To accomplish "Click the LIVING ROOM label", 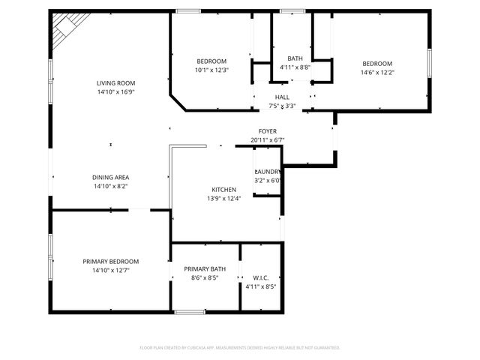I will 115,82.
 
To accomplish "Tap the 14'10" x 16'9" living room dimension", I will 115,92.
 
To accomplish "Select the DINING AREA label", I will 111,177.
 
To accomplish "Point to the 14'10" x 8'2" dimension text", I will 111,187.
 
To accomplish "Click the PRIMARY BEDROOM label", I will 111,261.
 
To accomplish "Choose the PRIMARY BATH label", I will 205,268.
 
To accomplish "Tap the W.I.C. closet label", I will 261,277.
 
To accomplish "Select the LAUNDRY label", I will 268,172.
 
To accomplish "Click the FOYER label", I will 268,130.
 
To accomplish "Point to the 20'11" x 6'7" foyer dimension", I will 268,139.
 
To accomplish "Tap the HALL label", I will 282,97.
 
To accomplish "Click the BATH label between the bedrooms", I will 295,58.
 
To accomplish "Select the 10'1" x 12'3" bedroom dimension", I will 211,70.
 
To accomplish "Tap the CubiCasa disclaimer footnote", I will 240,347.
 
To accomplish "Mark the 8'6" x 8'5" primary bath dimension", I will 205,277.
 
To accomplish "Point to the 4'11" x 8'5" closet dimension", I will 261,286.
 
